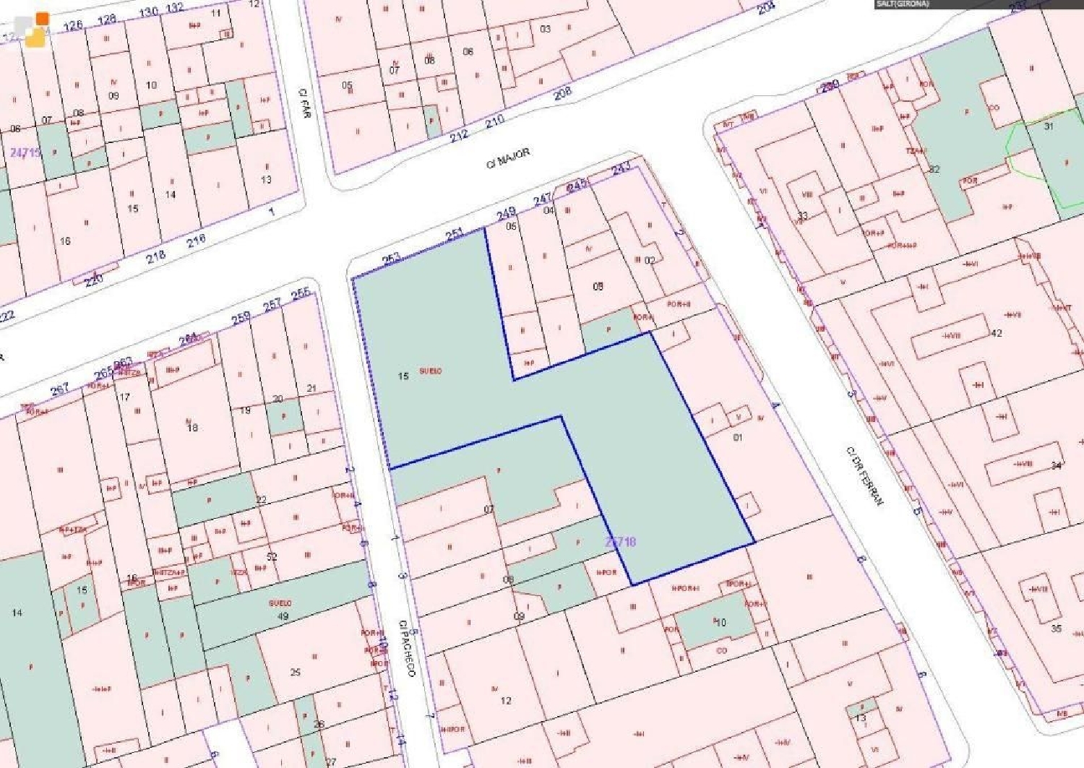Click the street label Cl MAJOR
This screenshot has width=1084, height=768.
click(x=507, y=158)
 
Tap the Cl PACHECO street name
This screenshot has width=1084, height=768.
click(x=407, y=648)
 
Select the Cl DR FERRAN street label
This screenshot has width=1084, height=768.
click(x=864, y=475)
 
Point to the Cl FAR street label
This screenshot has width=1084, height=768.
click(x=304, y=103)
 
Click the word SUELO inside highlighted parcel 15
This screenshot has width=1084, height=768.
click(x=430, y=371)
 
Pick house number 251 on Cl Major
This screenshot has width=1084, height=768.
click(x=454, y=234)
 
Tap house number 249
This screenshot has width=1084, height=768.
click(x=506, y=212)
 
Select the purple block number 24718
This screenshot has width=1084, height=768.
click(x=620, y=541)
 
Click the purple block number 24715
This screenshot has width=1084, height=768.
click(x=25, y=152)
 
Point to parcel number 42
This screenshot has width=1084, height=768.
click(x=997, y=333)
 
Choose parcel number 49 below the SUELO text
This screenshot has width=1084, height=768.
click(x=283, y=616)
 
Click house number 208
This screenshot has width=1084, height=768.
click(x=562, y=92)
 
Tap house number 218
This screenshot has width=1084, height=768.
click(x=155, y=256)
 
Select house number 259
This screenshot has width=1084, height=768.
click(x=241, y=317)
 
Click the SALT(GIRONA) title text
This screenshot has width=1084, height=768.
click(x=903, y=4)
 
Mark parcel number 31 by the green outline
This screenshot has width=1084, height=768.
click(x=1049, y=126)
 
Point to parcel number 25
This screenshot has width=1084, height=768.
click(x=295, y=672)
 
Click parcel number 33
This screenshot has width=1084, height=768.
click(x=802, y=215)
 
